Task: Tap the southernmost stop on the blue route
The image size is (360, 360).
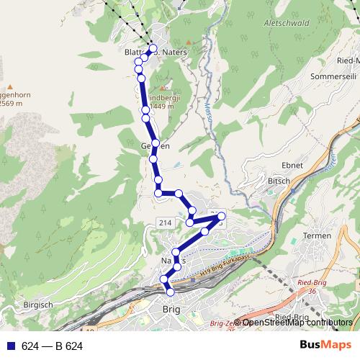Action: click(171, 292)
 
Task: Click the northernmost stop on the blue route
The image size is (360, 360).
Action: click(152, 49)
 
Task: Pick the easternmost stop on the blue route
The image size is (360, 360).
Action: click(222, 216)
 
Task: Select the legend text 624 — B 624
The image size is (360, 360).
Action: click(53, 346)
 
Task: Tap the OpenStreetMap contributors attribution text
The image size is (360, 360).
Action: click(297, 323)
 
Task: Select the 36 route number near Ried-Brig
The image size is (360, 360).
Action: click(312, 292)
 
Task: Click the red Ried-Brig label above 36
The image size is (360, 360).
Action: click(312, 284)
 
